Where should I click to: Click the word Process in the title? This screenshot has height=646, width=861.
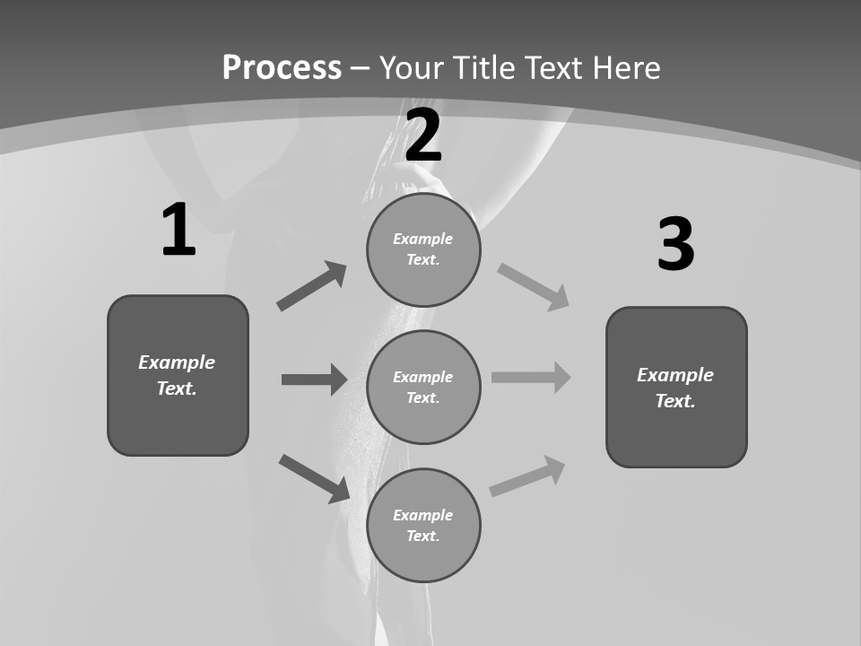(282, 68)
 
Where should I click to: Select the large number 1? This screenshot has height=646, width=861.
(178, 231)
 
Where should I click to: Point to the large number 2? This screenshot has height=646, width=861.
(423, 135)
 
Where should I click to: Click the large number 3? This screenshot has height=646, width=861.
(675, 245)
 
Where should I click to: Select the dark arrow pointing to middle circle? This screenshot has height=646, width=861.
(314, 380)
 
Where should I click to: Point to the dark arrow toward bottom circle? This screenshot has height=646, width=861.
(315, 478)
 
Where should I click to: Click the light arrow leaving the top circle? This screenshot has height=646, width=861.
(534, 286)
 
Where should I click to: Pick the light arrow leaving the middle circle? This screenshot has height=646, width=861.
(531, 377)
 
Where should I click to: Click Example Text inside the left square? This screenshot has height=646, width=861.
(177, 375)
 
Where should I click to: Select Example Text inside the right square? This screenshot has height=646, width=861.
(675, 388)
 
